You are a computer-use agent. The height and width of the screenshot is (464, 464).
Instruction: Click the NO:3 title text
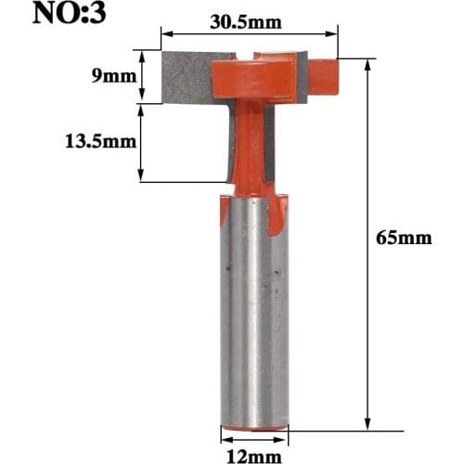click(71, 16)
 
